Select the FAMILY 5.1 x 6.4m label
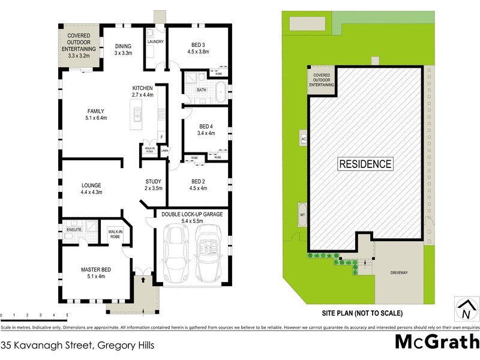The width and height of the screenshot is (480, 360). (x=96, y=115)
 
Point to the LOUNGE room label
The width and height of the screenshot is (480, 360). (x=91, y=188)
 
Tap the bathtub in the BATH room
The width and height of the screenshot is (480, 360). (x=220, y=92)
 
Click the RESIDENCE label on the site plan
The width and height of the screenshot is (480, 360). (x=365, y=163)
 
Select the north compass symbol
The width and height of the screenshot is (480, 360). (x=465, y=309)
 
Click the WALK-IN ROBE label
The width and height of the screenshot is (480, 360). (x=115, y=234)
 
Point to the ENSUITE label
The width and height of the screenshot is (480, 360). (x=74, y=229)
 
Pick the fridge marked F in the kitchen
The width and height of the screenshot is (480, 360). (x=161, y=136)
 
